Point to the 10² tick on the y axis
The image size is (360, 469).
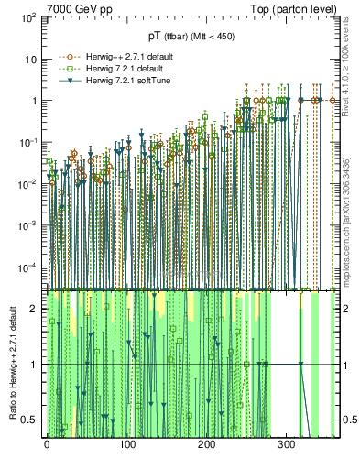(x=29, y=17)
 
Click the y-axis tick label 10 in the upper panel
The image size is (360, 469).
(x=32, y=60)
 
